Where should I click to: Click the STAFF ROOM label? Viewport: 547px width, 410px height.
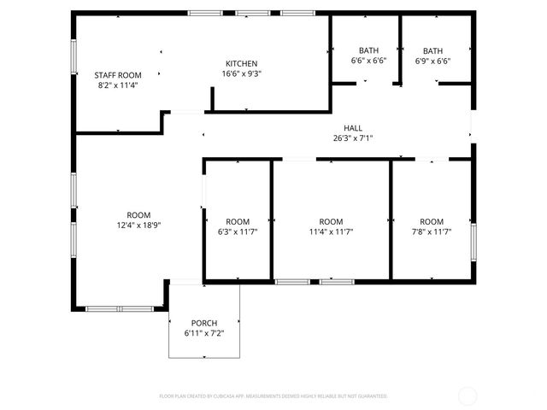tap(117, 75)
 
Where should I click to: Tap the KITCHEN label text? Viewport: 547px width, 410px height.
tap(241, 64)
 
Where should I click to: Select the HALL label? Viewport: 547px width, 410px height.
tap(353, 128)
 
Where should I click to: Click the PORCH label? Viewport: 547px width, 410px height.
tap(204, 323)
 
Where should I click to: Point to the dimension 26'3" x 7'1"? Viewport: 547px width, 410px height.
tap(353, 138)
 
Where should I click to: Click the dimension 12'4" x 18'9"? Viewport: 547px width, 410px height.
tap(138, 225)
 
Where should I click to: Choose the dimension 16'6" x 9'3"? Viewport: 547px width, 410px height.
tap(241, 73)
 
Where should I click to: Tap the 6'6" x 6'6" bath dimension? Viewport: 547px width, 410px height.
tap(368, 61)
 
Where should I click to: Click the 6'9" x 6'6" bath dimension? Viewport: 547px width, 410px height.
tap(432, 61)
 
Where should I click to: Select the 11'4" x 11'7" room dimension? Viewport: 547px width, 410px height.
tap(331, 231)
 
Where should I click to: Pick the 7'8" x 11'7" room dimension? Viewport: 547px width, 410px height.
tap(432, 231)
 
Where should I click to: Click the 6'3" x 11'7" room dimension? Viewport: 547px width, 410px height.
tap(238, 231)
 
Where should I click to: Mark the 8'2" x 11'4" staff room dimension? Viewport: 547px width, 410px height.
tap(117, 85)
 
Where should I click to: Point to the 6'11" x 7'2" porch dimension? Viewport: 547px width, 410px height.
tap(204, 332)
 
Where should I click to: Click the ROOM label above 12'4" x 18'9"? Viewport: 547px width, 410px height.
tap(138, 214)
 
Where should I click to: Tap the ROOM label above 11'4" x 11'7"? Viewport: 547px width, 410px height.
tap(331, 221)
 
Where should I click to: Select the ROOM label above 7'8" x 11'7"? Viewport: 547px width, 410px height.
tap(432, 221)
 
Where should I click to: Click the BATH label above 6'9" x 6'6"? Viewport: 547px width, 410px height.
tap(432, 50)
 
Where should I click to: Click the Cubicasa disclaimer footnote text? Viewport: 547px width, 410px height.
tap(273, 396)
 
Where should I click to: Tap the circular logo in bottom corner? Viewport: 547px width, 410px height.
tap(468, 395)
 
